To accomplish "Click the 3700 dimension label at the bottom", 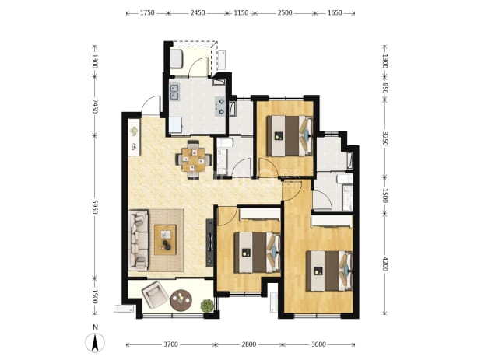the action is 170,344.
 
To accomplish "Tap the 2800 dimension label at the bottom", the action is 248,344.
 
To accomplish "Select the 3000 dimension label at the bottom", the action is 318,344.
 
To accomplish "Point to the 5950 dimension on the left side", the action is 95,207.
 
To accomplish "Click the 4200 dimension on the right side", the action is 385,264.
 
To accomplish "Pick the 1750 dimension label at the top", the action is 147,13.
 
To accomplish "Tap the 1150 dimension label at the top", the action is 240,13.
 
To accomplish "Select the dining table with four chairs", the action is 194,159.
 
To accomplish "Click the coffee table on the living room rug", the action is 165,240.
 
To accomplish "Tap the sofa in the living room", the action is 139,239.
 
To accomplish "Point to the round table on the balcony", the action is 181,300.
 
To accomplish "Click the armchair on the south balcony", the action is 155,295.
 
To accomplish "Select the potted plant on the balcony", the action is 207,306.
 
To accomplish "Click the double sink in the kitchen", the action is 175,92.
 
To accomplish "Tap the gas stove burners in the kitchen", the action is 220,107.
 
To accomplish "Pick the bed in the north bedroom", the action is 290,135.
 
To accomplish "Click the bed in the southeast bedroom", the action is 329,271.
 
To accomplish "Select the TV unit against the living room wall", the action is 209,243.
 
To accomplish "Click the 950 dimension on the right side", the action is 385,88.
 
